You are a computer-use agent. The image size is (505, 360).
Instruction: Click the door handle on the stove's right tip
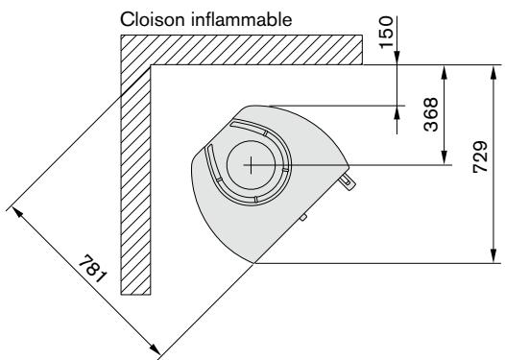tap(348, 178)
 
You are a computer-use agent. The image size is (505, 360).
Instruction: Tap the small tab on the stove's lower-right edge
tap(302, 218)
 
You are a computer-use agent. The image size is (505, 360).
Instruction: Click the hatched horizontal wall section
tap(240, 49)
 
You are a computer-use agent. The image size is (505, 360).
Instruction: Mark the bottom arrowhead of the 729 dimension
tap(493, 256)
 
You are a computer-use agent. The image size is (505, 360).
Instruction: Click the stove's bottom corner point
tap(254, 261)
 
